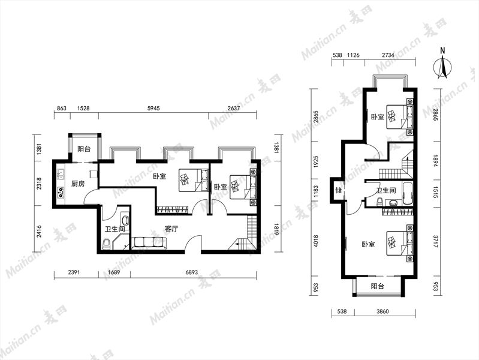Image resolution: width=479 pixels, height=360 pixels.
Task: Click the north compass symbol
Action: (442, 67)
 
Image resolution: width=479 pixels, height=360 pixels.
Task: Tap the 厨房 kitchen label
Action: (77, 184)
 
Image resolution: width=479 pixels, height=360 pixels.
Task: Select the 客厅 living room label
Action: (171, 229)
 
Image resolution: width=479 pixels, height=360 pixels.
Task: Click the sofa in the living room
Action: (149, 243)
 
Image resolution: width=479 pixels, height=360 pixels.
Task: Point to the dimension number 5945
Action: (153, 108)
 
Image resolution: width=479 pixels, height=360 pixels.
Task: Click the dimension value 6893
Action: (192, 272)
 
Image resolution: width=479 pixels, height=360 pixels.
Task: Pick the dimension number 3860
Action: (382, 311)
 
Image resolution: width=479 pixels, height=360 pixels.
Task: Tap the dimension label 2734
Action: (388, 55)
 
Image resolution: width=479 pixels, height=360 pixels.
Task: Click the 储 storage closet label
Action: (339, 190)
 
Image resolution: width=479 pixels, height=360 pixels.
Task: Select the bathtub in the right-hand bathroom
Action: (408, 194)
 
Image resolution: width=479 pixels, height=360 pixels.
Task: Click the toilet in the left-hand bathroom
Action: (106, 244)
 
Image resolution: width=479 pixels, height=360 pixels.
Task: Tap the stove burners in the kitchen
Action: (60, 192)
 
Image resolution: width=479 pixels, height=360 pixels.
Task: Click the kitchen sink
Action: (60, 175)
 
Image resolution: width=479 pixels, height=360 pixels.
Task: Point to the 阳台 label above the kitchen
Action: (84, 149)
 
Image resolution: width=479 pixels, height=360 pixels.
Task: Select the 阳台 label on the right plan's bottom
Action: (378, 286)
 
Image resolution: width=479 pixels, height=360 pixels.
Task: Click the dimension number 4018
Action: (316, 241)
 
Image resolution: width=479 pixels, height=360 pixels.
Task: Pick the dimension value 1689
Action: (114, 272)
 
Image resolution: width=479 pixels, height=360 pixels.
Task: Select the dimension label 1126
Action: (354, 55)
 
